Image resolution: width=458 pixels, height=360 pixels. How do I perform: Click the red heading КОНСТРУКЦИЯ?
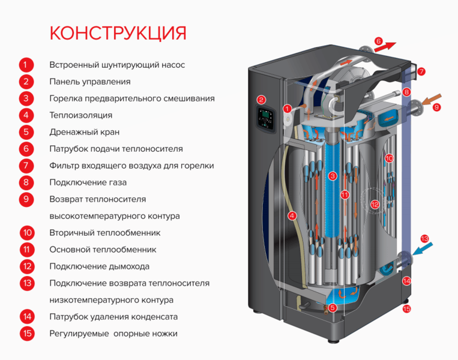click(118, 32)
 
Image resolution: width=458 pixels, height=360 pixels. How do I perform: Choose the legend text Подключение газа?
click(88, 182)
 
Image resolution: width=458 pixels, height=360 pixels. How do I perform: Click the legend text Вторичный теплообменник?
click(105, 232)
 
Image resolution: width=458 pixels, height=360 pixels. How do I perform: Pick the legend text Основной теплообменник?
click(103, 249)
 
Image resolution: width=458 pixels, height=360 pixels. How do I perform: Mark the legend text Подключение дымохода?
click(100, 266)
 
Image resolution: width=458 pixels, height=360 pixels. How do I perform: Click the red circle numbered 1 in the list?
click(26, 65)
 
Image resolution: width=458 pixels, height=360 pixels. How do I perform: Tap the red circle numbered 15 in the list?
click(26, 333)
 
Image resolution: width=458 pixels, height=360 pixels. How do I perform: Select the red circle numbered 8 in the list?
click(26, 182)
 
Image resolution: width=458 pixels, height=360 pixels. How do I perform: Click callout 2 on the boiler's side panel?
click(261, 100)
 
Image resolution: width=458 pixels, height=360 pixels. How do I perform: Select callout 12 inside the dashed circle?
click(375, 204)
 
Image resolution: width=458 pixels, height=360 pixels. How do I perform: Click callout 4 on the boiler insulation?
click(292, 215)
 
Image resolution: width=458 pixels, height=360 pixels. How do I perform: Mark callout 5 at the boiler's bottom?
click(333, 308)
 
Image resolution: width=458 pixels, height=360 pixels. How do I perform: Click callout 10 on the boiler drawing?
click(389, 158)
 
